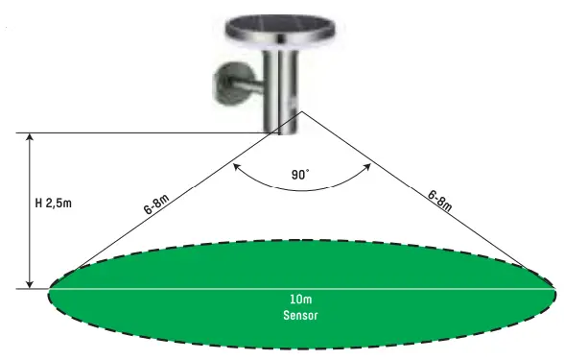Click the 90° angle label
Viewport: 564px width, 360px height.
tap(301, 176)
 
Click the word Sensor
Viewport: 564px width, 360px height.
tap(300, 315)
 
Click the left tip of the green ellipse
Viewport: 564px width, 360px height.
tap(48, 288)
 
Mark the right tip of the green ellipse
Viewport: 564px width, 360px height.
tap(553, 288)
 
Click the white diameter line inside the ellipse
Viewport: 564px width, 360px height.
tap(192, 288)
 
